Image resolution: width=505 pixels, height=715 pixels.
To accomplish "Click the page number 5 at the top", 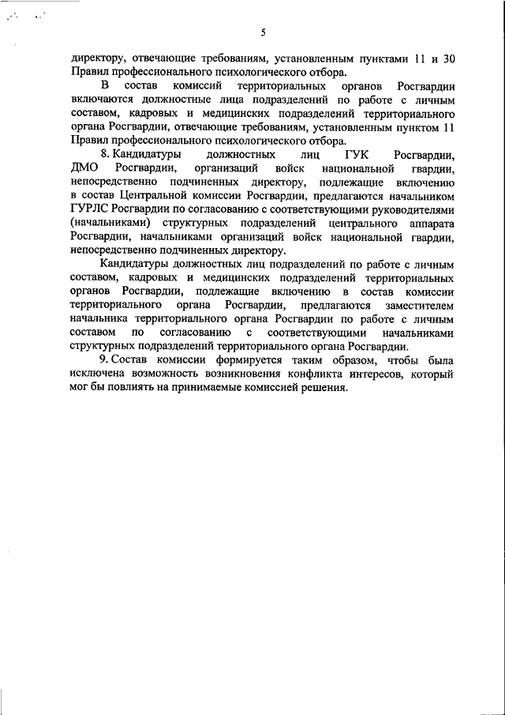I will coord(264,32).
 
